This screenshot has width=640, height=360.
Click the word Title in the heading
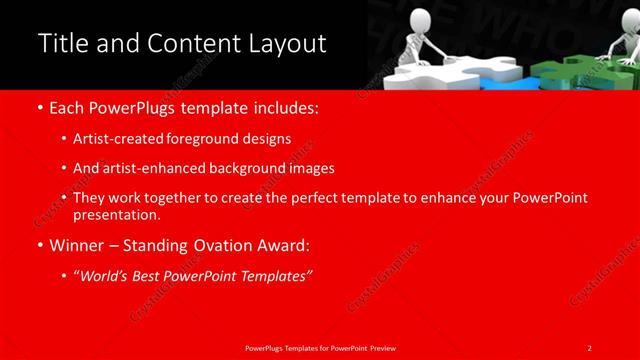(x=63, y=44)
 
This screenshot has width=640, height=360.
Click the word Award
(x=280, y=244)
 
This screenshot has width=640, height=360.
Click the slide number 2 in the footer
(x=590, y=347)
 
